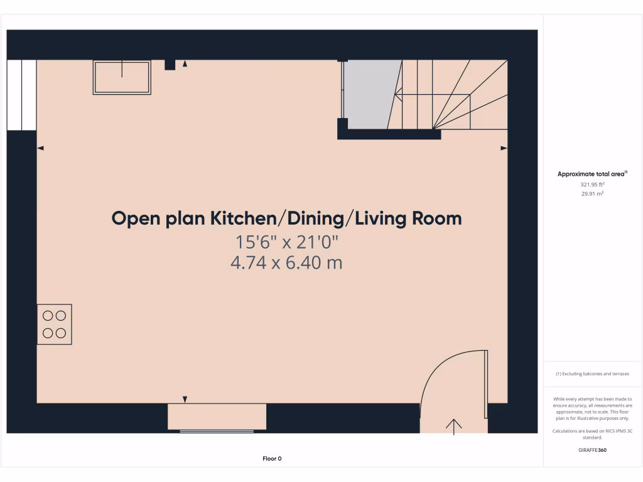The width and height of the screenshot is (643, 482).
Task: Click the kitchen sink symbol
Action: point(122,77)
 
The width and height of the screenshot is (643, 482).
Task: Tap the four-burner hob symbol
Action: point(55,324)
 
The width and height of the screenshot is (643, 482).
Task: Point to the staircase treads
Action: point(452,94)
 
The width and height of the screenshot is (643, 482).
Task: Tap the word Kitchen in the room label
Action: point(244,218)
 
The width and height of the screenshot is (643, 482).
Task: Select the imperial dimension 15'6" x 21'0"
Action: point(286,241)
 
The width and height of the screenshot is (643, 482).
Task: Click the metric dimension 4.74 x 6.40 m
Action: point(286,262)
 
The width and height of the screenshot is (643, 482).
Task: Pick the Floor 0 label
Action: point(272,459)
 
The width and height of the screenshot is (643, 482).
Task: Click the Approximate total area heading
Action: point(592,174)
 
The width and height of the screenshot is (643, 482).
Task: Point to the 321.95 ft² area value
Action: point(592,185)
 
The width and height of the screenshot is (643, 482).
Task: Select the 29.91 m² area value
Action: point(592,194)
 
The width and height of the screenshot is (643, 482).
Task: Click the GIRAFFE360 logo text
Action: point(592,450)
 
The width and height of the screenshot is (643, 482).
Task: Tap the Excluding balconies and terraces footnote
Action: point(592,374)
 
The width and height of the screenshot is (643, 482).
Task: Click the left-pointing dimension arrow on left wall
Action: point(41,148)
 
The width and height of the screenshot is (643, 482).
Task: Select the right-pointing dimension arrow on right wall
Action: point(504,148)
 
